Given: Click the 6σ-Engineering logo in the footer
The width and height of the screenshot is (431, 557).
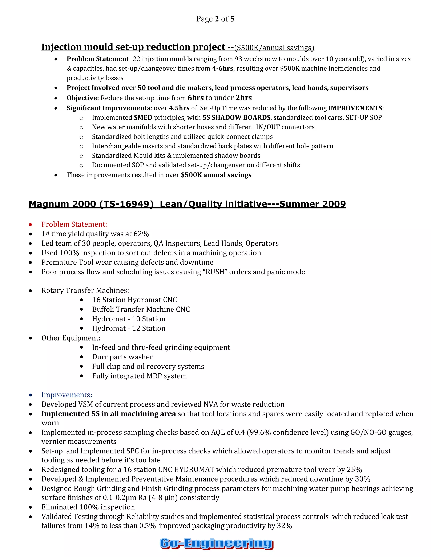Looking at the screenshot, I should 216,543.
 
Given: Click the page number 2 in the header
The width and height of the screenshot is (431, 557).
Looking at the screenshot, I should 217,19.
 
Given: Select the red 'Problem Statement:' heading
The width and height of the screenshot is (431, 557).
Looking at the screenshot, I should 74,224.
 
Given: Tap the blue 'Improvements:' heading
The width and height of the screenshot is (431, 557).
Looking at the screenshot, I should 67,395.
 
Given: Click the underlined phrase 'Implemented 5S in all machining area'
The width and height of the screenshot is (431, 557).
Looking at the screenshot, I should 109,414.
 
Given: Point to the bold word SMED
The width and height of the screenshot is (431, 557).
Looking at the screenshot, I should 143,117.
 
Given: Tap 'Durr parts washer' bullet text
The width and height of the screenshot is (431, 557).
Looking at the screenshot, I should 122,357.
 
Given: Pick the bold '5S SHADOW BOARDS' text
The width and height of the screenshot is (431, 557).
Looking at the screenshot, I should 236,117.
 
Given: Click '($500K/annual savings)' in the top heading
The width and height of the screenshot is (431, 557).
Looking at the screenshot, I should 274,48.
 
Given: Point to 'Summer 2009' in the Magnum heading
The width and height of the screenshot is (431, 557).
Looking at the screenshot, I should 313,204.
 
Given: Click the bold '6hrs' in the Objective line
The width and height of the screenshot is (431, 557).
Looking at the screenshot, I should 196,98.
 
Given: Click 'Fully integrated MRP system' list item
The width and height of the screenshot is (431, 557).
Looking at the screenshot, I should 139,376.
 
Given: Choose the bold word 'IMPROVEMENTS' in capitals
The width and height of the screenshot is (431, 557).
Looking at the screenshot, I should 355,108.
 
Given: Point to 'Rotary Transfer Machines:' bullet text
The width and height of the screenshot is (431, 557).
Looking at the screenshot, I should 85,290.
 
